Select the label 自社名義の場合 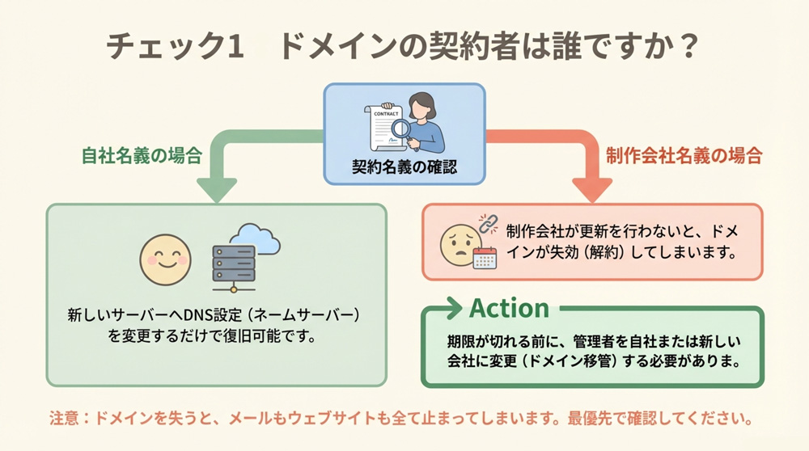[142, 156]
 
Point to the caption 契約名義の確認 [404, 167]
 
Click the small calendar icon [484, 259]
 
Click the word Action [509, 308]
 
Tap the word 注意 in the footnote [66, 420]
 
